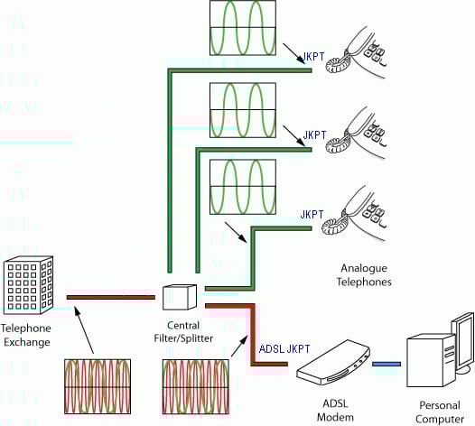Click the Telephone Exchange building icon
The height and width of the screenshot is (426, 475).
pos(29,285)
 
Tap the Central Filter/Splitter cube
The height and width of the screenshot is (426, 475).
pos(180,297)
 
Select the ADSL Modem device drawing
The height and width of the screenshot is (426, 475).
pos(333,363)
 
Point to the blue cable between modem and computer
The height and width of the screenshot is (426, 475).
pos(387,364)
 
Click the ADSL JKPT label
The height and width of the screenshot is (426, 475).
pos(284,348)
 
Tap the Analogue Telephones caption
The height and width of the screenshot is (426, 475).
pos(364,275)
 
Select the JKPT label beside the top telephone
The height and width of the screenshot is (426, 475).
pos(314,57)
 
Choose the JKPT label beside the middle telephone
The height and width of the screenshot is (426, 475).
pos(314,135)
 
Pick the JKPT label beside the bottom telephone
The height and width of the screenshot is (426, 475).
pos(312,215)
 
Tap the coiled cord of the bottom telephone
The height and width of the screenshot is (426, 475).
pos(334,223)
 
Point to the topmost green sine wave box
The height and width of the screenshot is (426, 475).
pos(243,28)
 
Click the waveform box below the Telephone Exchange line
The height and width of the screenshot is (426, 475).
pos(98,386)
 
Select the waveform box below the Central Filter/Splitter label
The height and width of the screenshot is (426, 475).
pos(196,386)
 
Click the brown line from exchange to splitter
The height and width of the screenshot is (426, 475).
pos(110,298)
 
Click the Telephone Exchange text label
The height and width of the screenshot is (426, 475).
pos(26,335)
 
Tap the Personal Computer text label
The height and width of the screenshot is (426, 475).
pos(440,412)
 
